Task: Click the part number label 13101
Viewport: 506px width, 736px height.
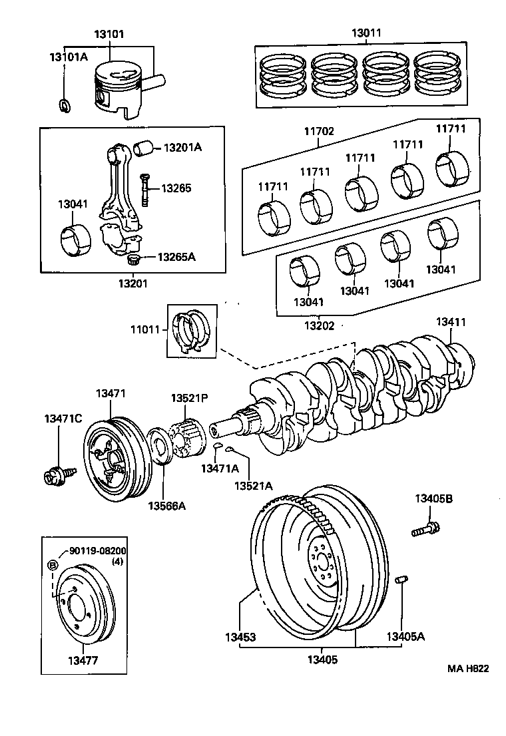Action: (110, 34)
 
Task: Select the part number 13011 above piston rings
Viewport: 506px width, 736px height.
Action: (367, 32)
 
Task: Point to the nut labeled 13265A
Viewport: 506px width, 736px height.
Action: (133, 258)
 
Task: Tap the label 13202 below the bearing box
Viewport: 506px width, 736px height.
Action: (320, 325)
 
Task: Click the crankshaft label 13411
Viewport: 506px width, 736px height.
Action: (451, 321)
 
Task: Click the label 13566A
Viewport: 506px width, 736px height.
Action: (167, 506)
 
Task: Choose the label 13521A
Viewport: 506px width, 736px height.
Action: (252, 485)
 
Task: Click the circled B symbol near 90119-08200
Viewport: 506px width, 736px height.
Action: (53, 566)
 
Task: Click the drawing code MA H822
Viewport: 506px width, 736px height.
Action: (467, 668)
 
